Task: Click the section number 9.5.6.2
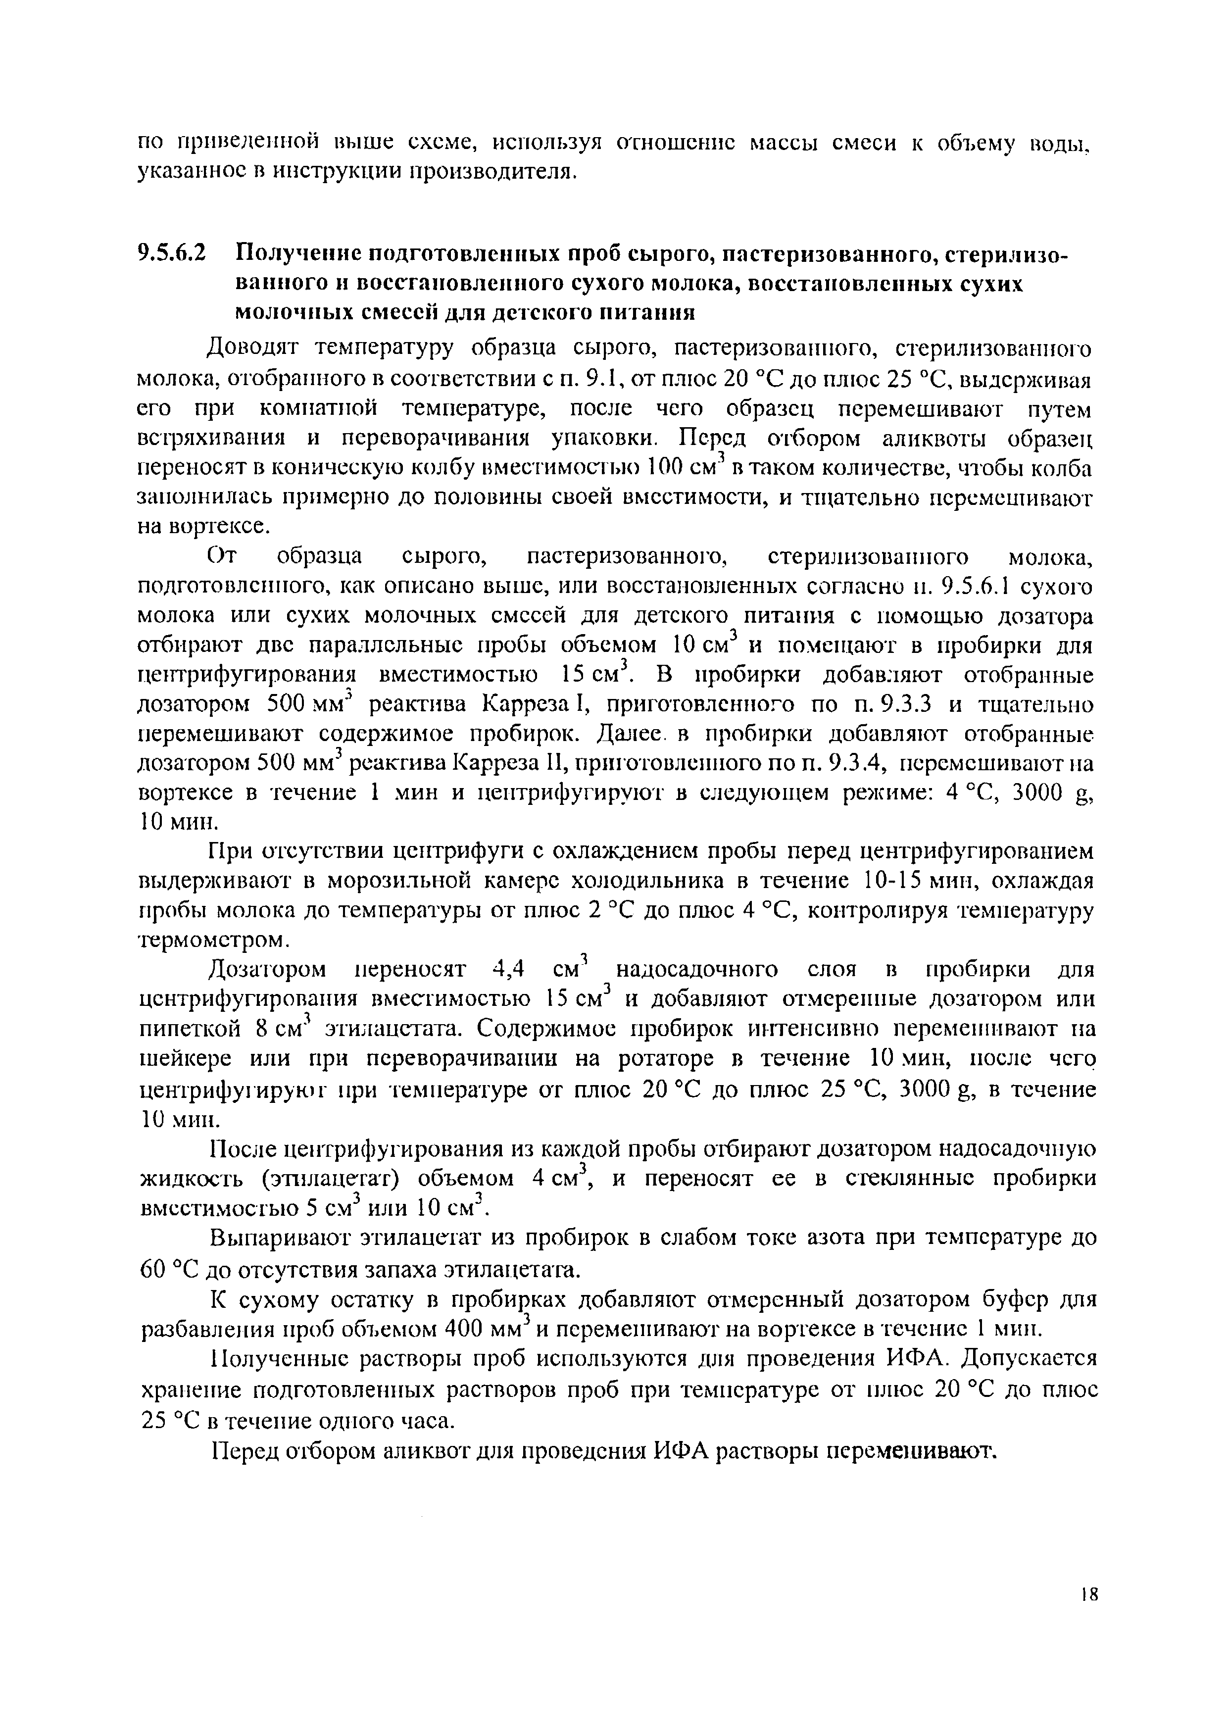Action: [172, 252]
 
